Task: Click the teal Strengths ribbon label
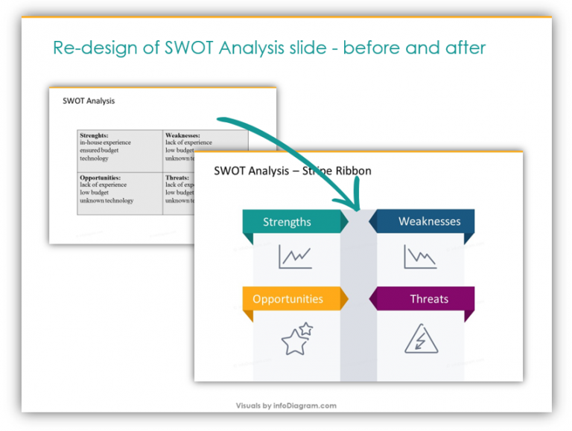(x=287, y=222)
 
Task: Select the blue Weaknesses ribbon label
(x=429, y=221)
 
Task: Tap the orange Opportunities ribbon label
(x=287, y=299)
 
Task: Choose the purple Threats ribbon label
(x=429, y=299)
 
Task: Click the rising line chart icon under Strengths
(x=295, y=257)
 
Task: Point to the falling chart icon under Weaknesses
(x=420, y=257)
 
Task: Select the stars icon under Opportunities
(x=296, y=339)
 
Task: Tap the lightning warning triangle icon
(x=420, y=339)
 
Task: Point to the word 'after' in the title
(x=461, y=48)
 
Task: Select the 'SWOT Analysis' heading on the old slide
(x=89, y=100)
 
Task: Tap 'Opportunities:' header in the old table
(x=101, y=178)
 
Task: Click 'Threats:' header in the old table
(x=177, y=178)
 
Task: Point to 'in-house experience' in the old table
(x=106, y=142)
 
